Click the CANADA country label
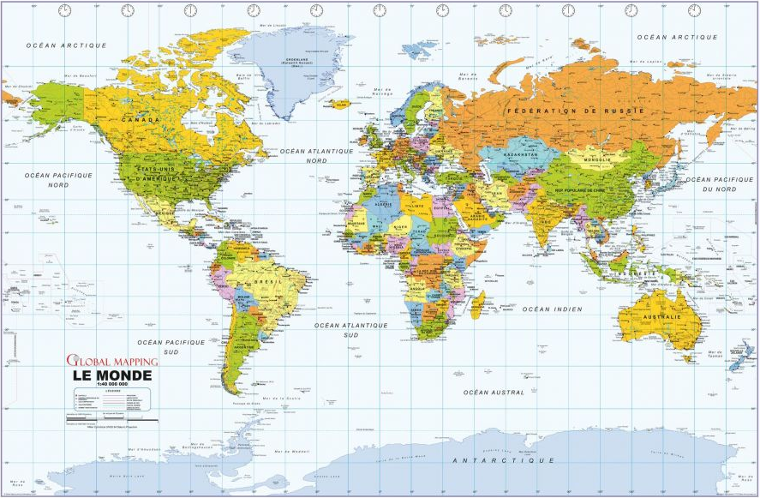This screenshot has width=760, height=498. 140,120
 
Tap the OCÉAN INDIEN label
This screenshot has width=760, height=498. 552,309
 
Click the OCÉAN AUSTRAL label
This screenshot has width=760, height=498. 494,392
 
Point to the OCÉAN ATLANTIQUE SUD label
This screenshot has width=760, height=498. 351,330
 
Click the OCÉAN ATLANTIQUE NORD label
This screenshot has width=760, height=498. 316,155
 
